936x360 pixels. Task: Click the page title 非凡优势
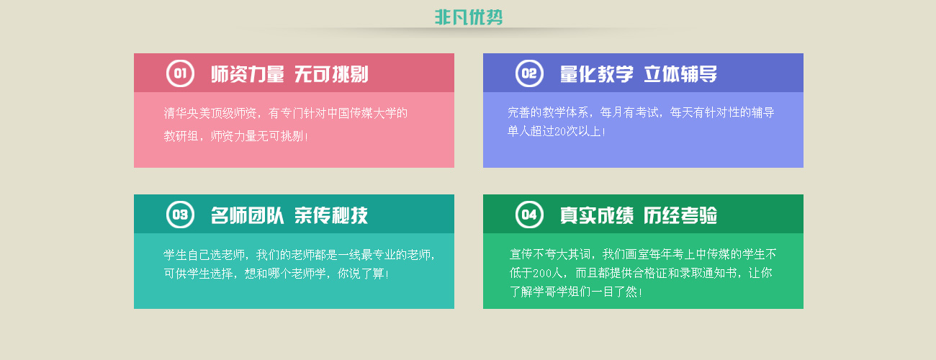[469, 17]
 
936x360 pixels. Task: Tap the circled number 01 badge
[180, 73]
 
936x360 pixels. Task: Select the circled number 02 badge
[529, 73]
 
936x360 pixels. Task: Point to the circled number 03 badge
[180, 215]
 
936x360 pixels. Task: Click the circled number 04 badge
[529, 215]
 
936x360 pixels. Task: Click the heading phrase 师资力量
[248, 74]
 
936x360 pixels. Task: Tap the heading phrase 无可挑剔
[331, 74]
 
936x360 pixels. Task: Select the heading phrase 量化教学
[597, 74]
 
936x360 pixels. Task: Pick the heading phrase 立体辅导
[680, 74]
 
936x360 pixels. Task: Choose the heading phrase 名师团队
[248, 215]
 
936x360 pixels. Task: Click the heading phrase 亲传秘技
[331, 215]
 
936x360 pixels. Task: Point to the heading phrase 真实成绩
[597, 215]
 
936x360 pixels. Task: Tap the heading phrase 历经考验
[680, 215]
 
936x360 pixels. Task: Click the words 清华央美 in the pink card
[186, 113]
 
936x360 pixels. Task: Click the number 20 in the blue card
[560, 132]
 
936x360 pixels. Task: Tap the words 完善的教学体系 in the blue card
[548, 112]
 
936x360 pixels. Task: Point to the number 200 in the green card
[542, 273]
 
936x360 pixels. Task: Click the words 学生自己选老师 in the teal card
[204, 254]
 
